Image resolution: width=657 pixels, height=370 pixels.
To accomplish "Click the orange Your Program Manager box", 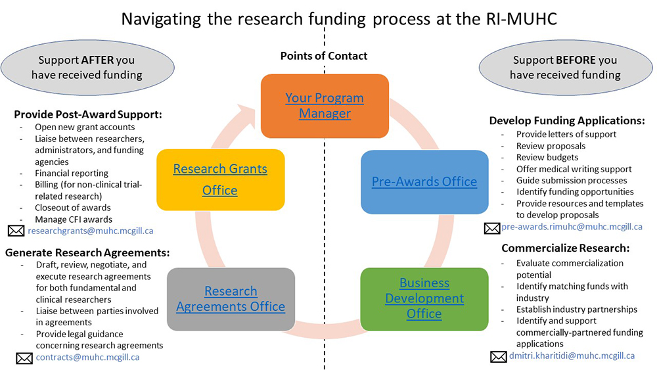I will pyautogui.click(x=325, y=106).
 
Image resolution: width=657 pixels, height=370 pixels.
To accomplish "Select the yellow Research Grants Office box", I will pyautogui.click(x=220, y=179).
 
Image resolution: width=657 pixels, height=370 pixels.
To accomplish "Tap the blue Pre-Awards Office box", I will pyautogui.click(x=424, y=182).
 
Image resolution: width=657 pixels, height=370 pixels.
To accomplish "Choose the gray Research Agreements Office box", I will pyautogui.click(x=231, y=299).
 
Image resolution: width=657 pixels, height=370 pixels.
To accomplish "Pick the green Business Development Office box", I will pyautogui.click(x=424, y=298).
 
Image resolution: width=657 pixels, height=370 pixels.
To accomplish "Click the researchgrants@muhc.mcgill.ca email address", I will pyautogui.click(x=90, y=231).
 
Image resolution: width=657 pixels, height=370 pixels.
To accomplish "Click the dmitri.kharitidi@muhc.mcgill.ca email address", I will pyautogui.click(x=572, y=356).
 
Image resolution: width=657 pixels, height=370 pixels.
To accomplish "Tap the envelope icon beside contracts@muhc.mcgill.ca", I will pyautogui.click(x=24, y=358).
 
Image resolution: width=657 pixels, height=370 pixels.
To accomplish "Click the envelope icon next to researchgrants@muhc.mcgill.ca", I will pyautogui.click(x=16, y=231).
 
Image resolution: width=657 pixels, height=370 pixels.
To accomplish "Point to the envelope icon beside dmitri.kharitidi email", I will pyautogui.click(x=499, y=357).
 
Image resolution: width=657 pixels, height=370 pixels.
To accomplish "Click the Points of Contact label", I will pyautogui.click(x=324, y=56).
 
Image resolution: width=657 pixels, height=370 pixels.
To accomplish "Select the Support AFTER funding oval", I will pyautogui.click(x=87, y=68).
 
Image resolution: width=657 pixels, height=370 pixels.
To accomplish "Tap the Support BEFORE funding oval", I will pyautogui.click(x=565, y=68).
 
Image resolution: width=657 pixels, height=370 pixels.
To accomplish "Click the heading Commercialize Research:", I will pyautogui.click(x=566, y=248).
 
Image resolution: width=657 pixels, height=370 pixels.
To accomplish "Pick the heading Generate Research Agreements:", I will pyautogui.click(x=87, y=253).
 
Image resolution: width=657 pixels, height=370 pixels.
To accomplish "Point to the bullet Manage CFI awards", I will pyautogui.click(x=74, y=219).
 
